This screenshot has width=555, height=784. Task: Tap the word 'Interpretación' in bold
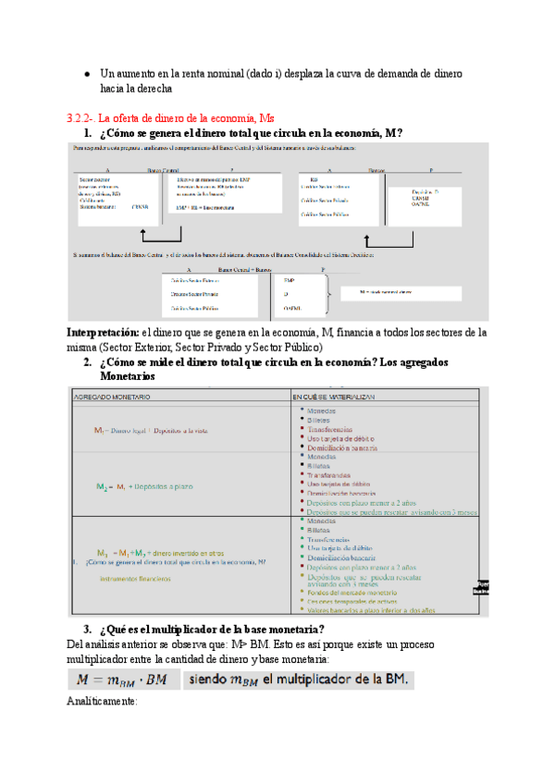pos(102,332)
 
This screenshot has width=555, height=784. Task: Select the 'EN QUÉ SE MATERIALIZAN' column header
pos(344,395)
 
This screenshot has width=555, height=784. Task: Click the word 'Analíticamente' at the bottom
pos(102,702)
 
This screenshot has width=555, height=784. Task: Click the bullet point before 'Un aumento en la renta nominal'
pos(85,73)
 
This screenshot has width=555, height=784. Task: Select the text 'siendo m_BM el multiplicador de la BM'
pos(301,680)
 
